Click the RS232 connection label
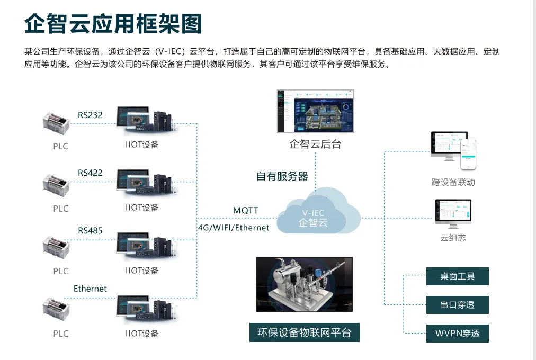(x=90, y=115)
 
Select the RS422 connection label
(x=90, y=173)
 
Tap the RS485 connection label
(x=90, y=231)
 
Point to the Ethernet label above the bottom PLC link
(x=90, y=289)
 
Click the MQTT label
(x=246, y=211)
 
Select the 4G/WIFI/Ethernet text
(x=234, y=228)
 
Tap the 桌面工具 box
(x=458, y=276)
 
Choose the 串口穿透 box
(x=458, y=305)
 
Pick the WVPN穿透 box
(x=458, y=334)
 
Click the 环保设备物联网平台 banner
(x=304, y=332)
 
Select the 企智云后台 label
(x=316, y=145)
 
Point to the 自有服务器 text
(x=282, y=176)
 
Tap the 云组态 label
(x=453, y=238)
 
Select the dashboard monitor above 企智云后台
(x=316, y=110)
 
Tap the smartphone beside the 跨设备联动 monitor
(x=468, y=155)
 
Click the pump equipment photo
(x=304, y=285)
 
